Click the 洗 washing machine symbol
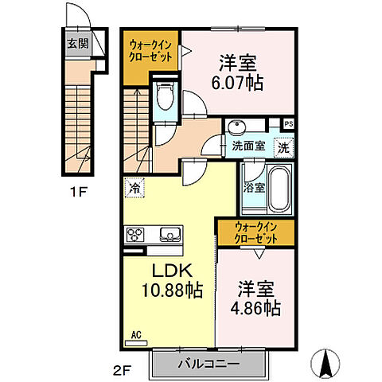(284, 146)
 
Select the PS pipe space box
(288, 124)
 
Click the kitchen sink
(170, 235)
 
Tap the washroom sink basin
(238, 128)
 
